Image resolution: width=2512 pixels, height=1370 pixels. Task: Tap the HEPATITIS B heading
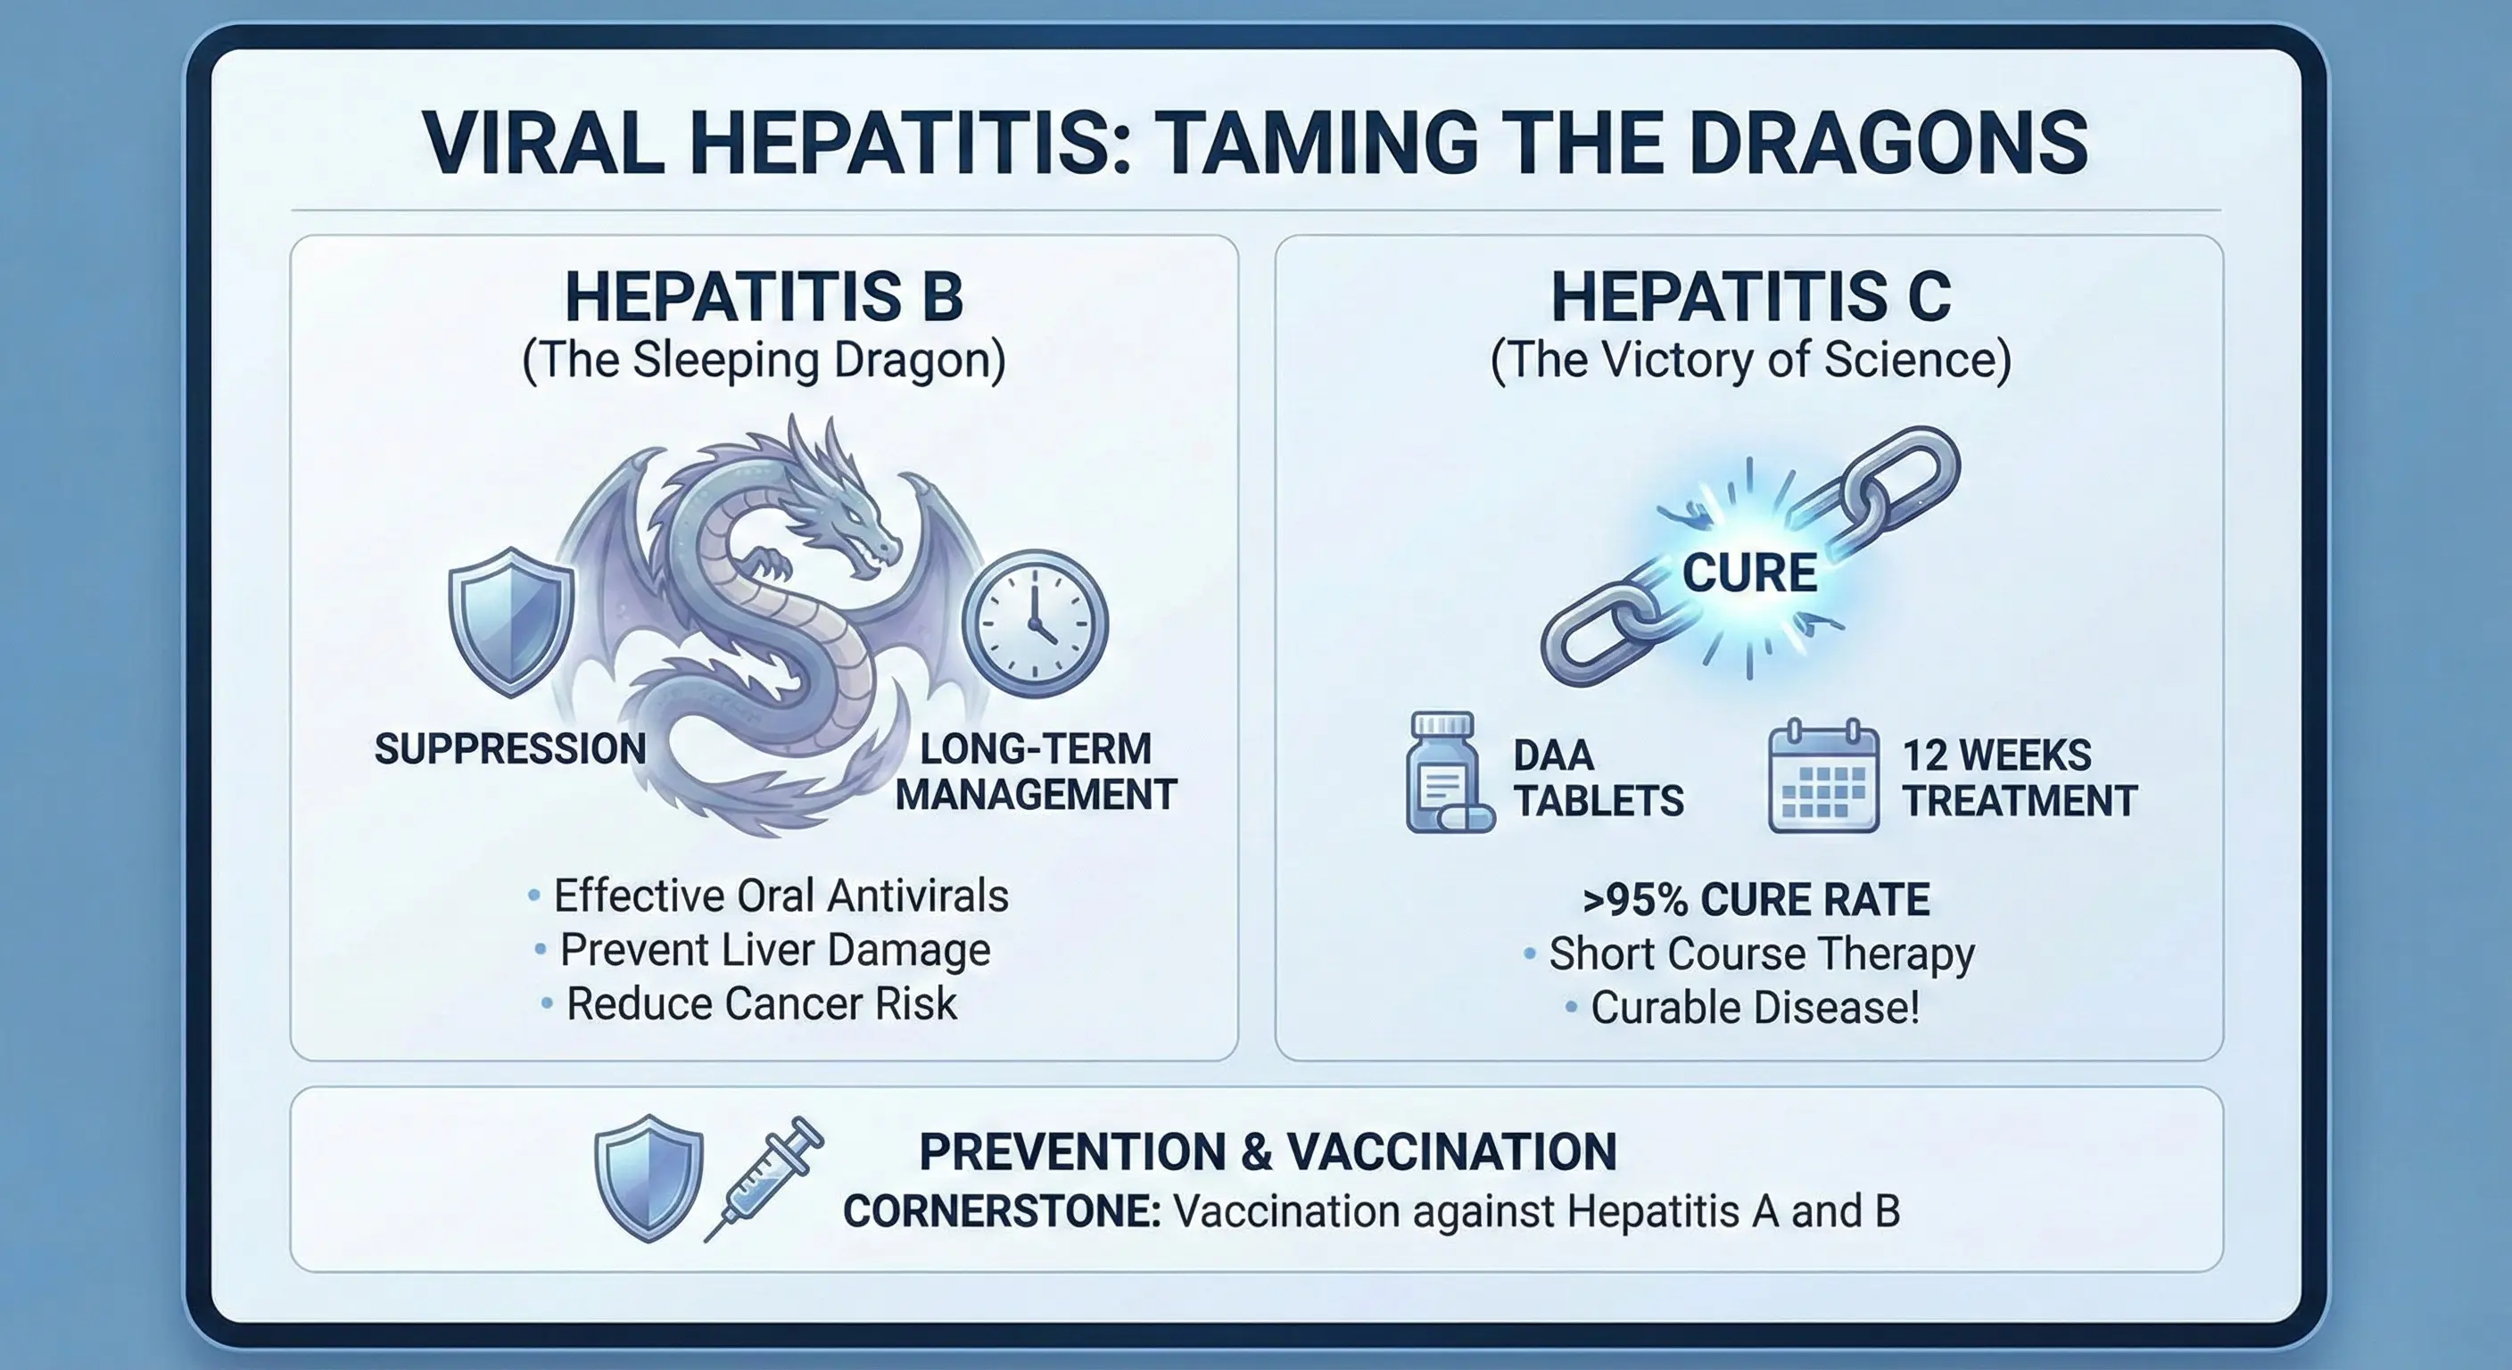pyautogui.click(x=764, y=296)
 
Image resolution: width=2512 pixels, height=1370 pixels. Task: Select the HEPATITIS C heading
pyautogui.click(x=1750, y=296)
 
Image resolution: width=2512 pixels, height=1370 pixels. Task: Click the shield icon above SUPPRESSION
pyautogui.click(x=510, y=621)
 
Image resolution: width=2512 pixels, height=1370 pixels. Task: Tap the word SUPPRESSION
pyautogui.click(x=510, y=749)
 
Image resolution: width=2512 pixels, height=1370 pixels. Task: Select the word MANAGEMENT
pyautogui.click(x=1036, y=795)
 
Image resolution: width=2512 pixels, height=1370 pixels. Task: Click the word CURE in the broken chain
pyautogui.click(x=1749, y=573)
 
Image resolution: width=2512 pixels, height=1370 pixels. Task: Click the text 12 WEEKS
pyautogui.click(x=1996, y=755)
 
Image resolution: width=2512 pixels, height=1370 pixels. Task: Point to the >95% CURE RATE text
pyautogui.click(x=1756, y=899)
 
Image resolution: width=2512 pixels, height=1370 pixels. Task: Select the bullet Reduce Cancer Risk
pyautogui.click(x=761, y=1003)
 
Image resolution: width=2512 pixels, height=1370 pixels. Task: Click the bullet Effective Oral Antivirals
pyautogui.click(x=781, y=895)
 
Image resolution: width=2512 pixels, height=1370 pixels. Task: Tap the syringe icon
pyautogui.click(x=765, y=1178)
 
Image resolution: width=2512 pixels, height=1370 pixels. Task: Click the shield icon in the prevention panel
pyautogui.click(x=649, y=1178)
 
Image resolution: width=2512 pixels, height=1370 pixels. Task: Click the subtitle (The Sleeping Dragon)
pyautogui.click(x=764, y=359)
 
